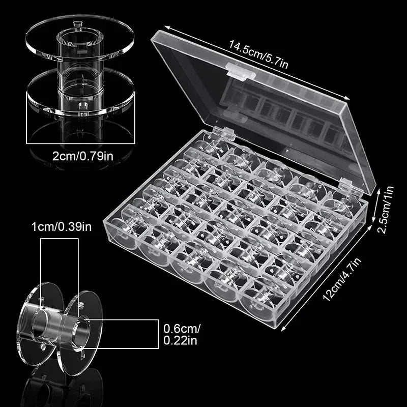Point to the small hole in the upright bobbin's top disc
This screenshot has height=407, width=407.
(77, 24)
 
